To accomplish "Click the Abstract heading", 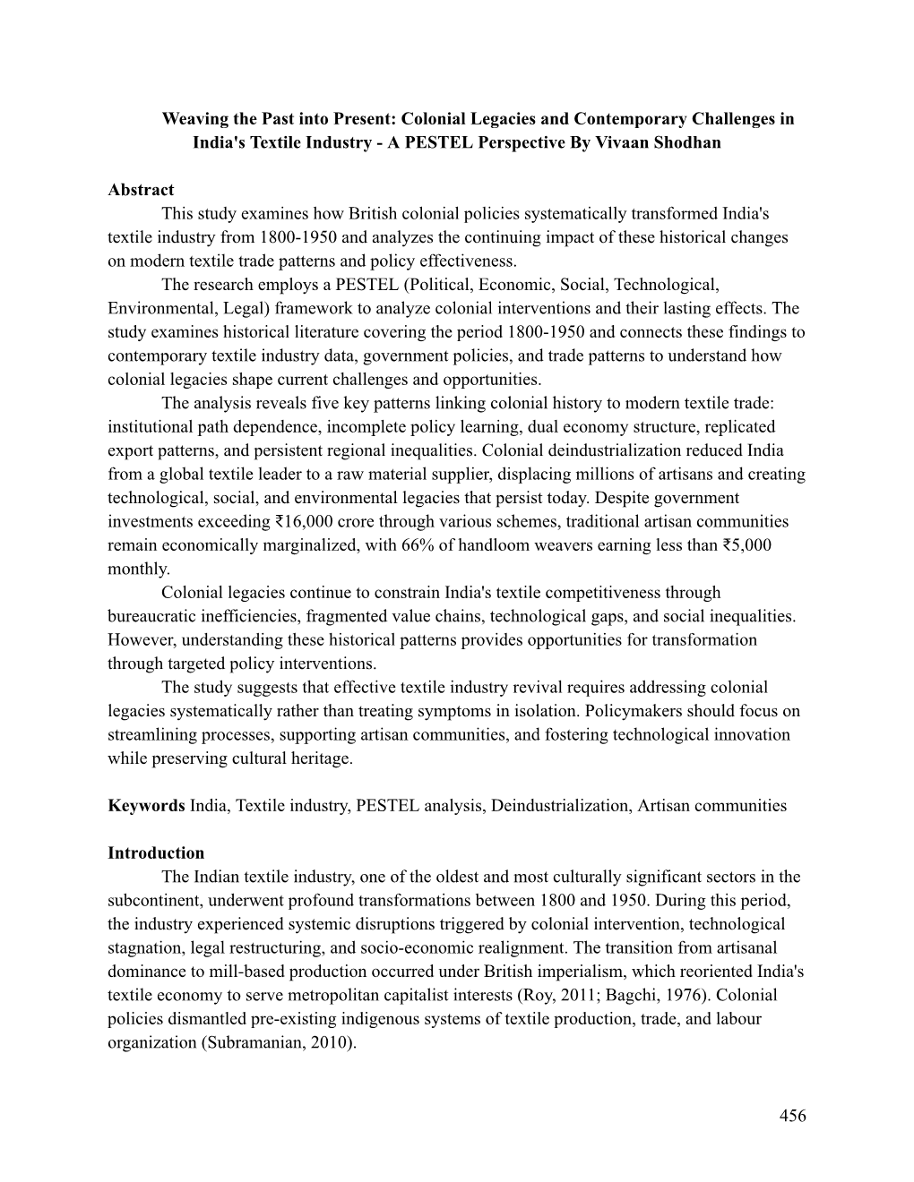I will click(x=141, y=190).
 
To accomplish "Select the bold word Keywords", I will click(x=147, y=805).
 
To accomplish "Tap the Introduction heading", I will click(x=156, y=852).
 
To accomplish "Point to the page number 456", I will click(x=793, y=1115).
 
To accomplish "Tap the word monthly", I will click(x=138, y=569).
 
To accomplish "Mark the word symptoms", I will click(x=495, y=711).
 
